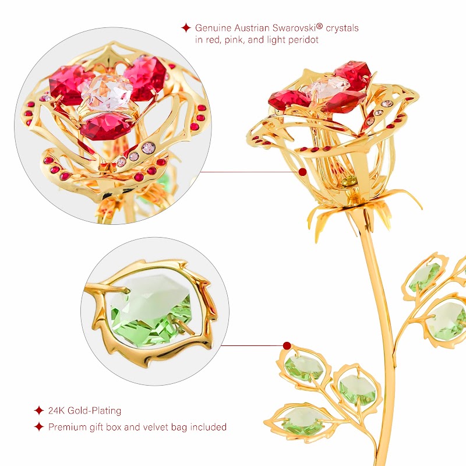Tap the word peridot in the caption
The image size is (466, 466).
click(x=303, y=40)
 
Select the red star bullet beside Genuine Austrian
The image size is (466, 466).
click(x=186, y=27)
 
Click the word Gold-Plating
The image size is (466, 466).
click(x=94, y=411)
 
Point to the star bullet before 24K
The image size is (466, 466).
click(x=39, y=411)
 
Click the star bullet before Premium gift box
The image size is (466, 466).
click(x=39, y=427)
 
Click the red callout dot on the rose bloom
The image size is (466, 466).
click(x=302, y=172)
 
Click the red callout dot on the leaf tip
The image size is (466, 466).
click(x=287, y=345)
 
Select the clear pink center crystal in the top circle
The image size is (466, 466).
click(x=107, y=91)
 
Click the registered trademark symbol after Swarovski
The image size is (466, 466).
click(x=319, y=26)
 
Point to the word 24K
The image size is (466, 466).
click(x=57, y=411)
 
